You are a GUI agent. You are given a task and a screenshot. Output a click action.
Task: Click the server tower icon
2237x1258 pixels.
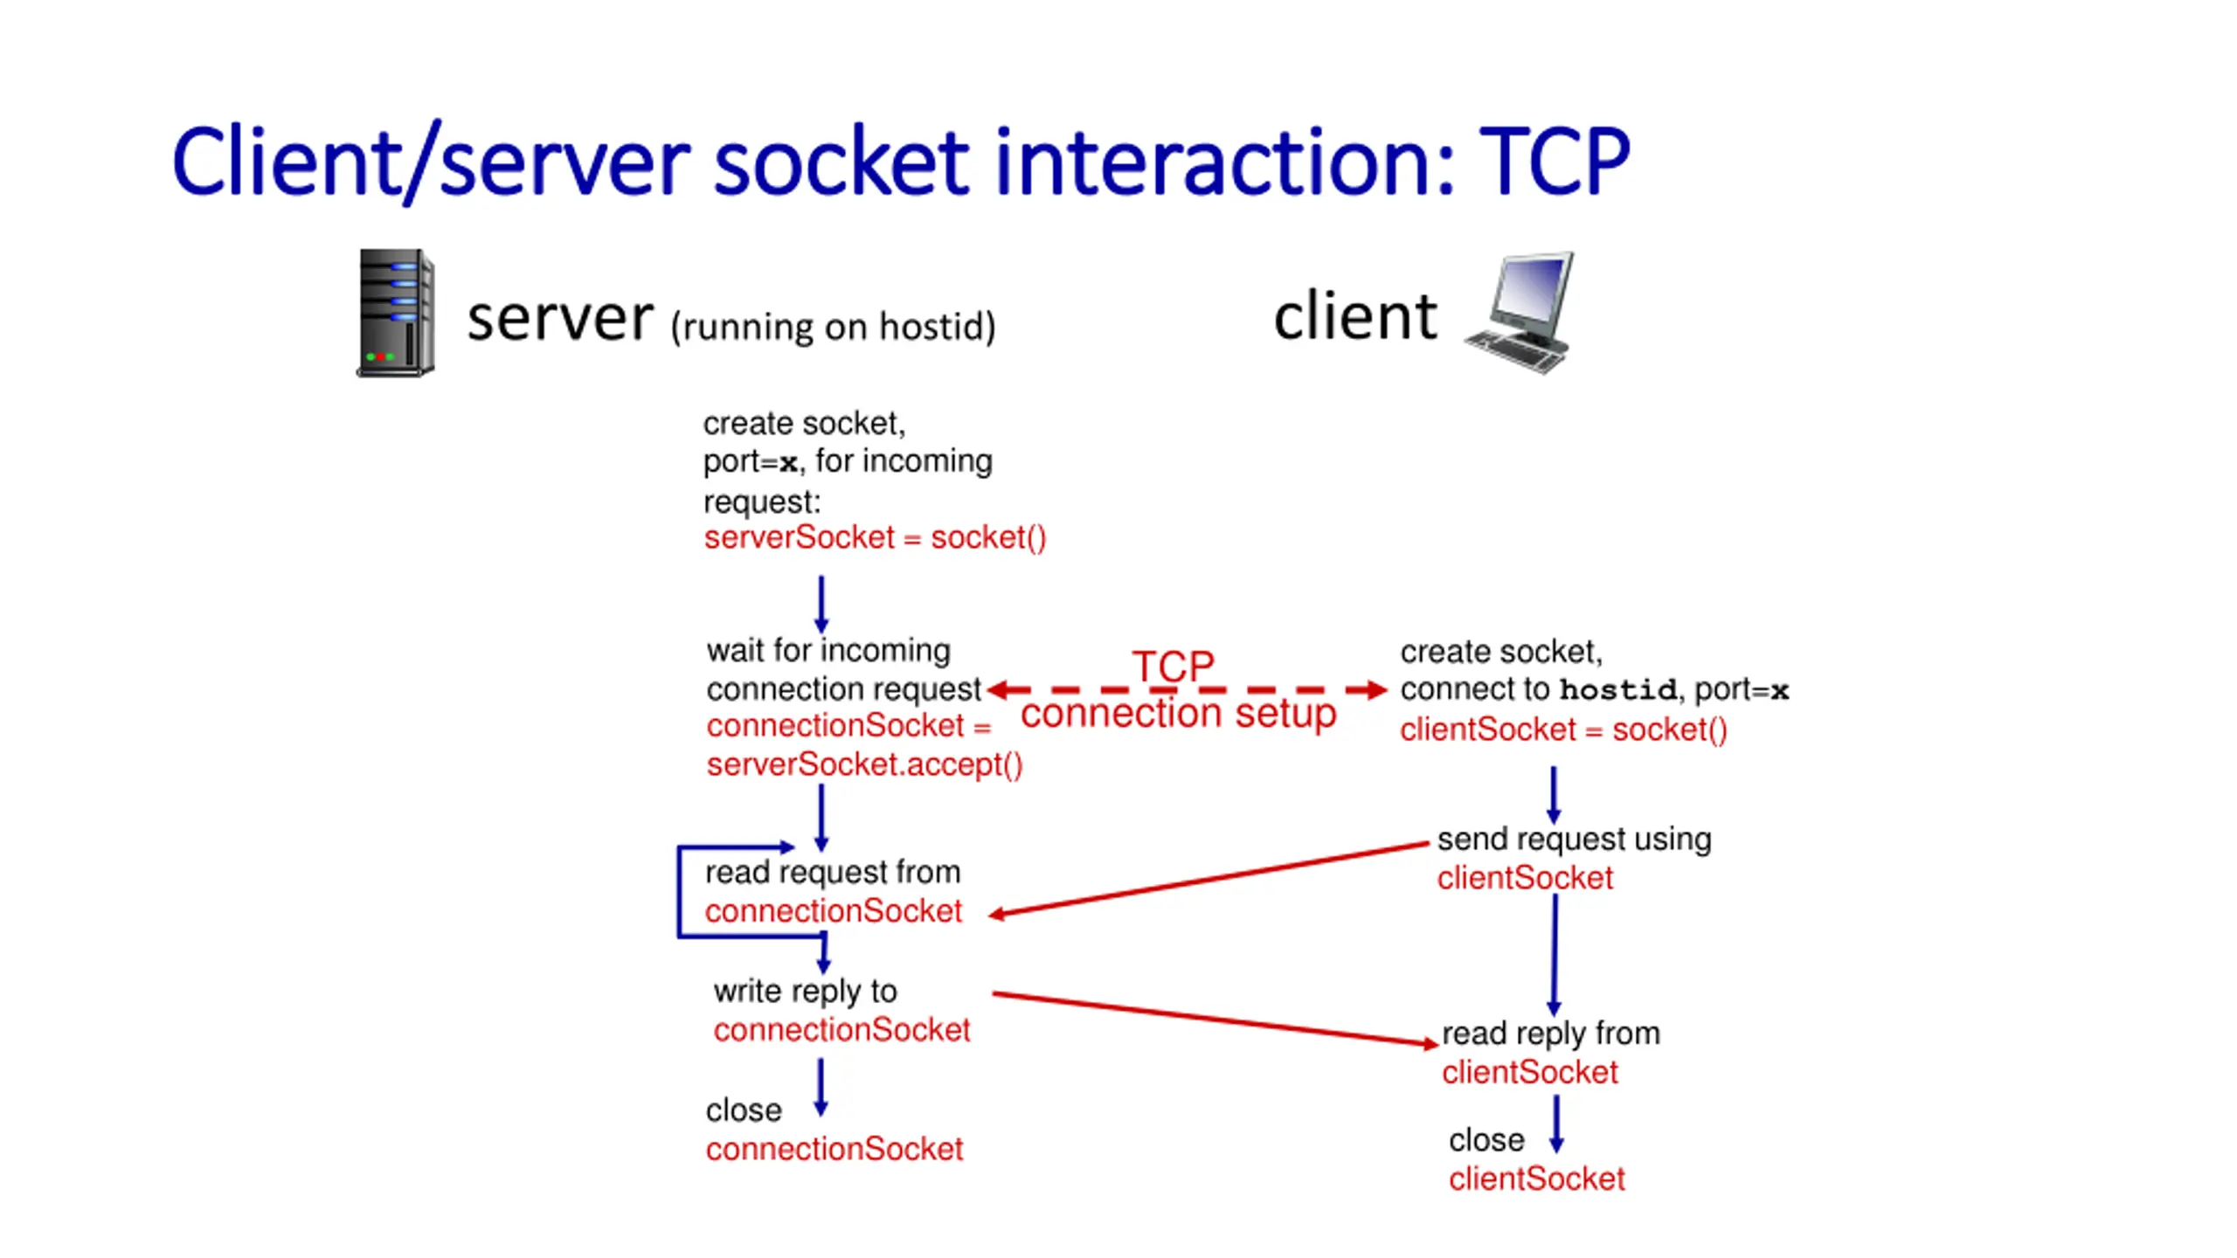click(x=395, y=313)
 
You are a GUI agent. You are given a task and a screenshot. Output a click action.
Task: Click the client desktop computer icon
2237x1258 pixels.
click(x=1521, y=313)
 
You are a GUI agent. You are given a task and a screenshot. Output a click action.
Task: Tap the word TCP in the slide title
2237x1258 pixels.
click(x=1554, y=162)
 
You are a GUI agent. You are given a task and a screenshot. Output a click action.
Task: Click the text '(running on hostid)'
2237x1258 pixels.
click(x=833, y=327)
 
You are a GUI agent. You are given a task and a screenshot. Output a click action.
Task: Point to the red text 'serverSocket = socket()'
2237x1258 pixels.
click(x=875, y=537)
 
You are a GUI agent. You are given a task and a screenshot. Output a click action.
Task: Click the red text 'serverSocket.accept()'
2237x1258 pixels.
click(x=864, y=764)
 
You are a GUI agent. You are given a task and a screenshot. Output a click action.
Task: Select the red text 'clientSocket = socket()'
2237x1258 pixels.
click(x=1563, y=729)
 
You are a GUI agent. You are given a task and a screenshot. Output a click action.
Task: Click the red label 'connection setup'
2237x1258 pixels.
click(x=1178, y=713)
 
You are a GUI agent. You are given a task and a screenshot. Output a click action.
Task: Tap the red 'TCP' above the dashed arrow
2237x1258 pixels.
click(x=1173, y=667)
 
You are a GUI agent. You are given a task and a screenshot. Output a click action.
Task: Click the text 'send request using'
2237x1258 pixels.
click(x=1574, y=840)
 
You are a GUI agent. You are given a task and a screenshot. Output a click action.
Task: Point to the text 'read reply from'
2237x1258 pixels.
click(x=1550, y=1033)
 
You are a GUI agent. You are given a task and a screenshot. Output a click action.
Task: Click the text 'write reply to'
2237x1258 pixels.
click(x=805, y=992)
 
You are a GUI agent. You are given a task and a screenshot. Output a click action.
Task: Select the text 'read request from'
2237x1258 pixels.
click(x=833, y=873)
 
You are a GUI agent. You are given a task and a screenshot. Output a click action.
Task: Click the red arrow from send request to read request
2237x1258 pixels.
click(x=1209, y=879)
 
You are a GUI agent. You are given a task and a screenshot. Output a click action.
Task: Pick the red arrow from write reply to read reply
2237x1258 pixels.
click(x=1215, y=1019)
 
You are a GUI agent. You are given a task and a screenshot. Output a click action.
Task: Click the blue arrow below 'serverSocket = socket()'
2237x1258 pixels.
click(x=821, y=605)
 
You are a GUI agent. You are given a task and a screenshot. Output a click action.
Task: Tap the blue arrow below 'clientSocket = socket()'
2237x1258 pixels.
click(x=1553, y=795)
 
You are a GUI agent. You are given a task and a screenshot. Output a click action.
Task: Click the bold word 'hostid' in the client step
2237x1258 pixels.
click(x=1618, y=690)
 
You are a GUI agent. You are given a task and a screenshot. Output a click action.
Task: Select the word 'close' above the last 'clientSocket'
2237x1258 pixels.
click(x=1486, y=1141)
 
